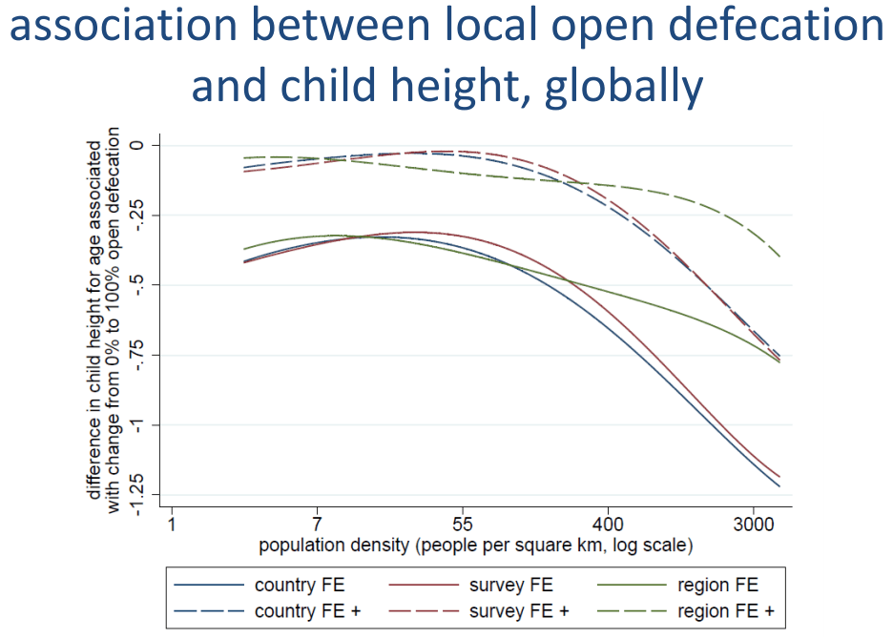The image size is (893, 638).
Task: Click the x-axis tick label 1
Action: (172, 525)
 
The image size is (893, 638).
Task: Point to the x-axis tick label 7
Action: (317, 525)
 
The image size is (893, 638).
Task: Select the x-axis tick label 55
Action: (463, 525)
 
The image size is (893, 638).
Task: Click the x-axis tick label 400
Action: (608, 525)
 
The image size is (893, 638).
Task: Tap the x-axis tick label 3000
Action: (753, 525)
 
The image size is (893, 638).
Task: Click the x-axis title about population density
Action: (475, 545)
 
